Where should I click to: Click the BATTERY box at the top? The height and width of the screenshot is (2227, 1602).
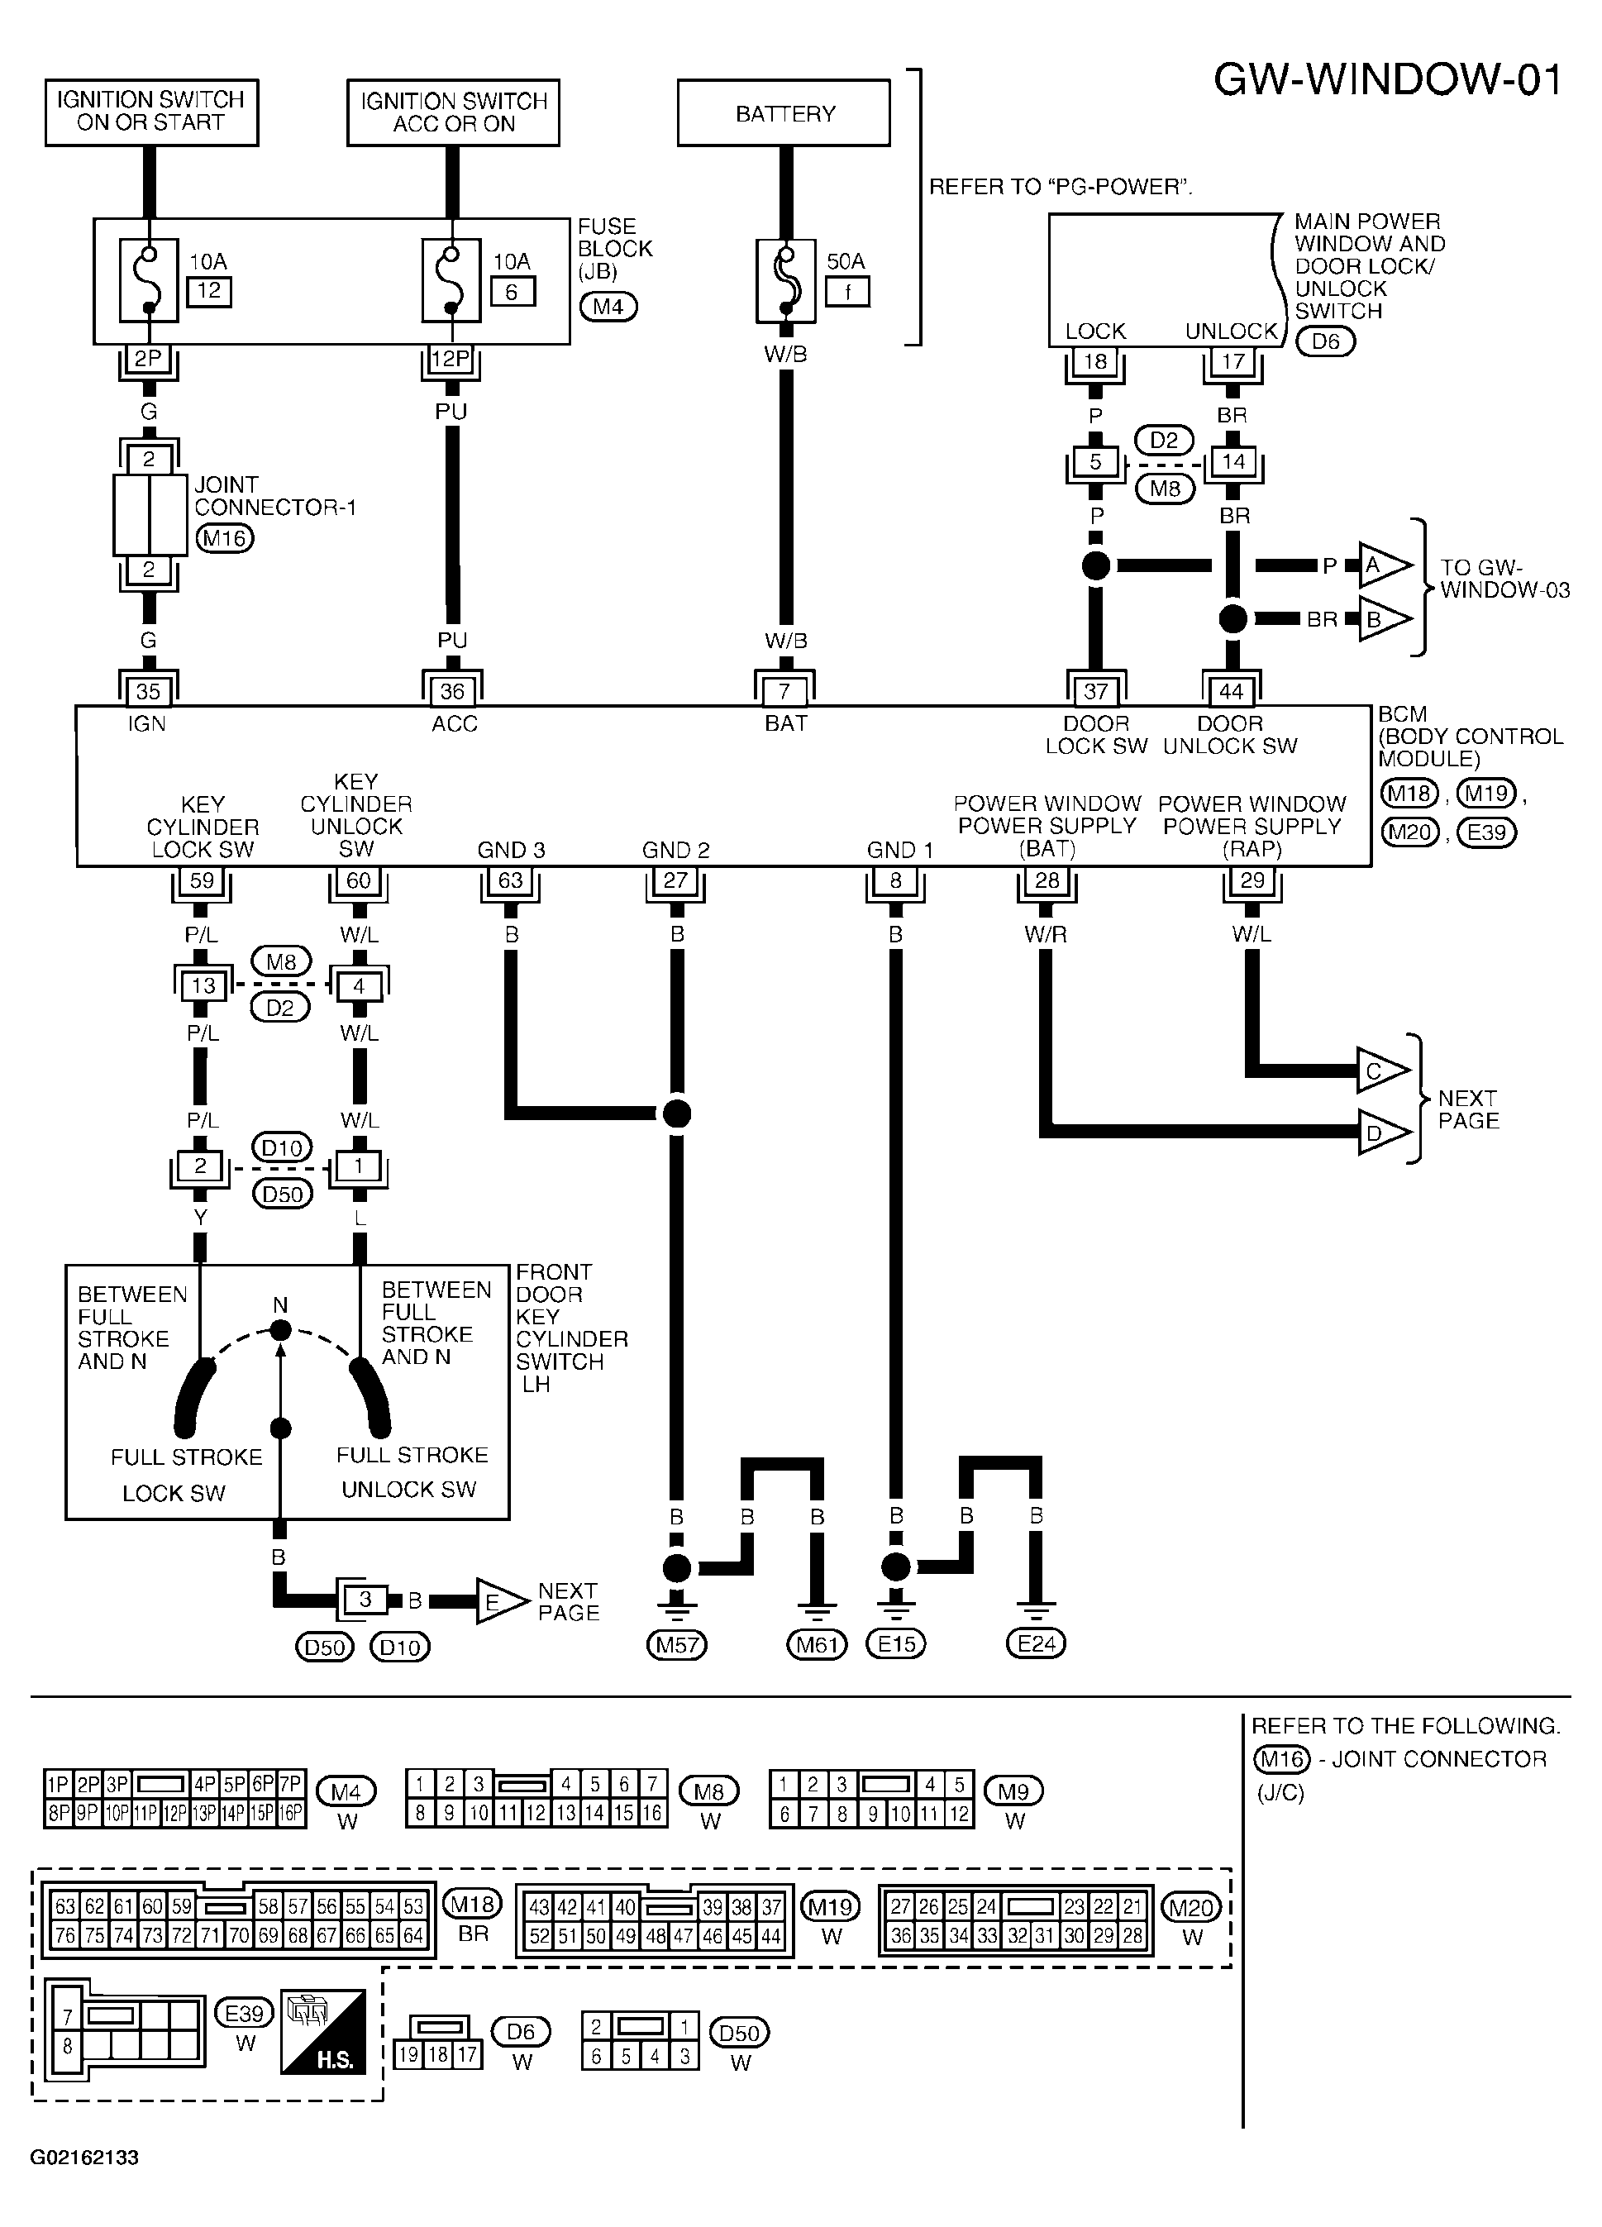coord(784,113)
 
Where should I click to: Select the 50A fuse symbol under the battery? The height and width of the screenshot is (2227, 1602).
coord(785,281)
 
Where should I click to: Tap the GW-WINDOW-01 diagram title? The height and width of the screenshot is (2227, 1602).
coord(1387,79)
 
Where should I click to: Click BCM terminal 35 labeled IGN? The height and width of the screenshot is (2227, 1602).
coord(148,690)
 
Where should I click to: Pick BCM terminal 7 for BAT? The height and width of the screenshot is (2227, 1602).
coord(784,690)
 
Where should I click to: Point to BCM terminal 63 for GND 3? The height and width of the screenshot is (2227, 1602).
coord(511,880)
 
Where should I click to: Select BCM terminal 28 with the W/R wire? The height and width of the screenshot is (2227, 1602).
coord(1047,880)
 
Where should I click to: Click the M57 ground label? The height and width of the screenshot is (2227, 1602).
coord(676,1643)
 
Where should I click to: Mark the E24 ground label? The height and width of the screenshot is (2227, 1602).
coord(1037,1643)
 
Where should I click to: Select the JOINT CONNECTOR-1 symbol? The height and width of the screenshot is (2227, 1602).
coord(149,513)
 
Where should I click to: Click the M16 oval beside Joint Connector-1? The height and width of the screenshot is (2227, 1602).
coord(225,538)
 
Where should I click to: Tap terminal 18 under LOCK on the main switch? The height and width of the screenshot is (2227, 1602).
coord(1094,361)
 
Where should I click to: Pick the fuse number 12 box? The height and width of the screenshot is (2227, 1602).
coord(209,292)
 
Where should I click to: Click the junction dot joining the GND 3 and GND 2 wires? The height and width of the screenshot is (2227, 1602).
coord(676,1113)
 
